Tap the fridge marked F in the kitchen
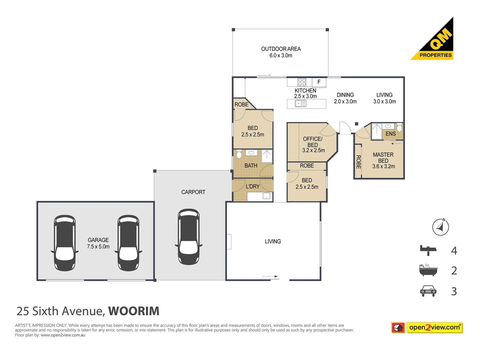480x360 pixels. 319,82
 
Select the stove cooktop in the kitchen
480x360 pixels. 302,82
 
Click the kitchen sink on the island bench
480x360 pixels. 300,104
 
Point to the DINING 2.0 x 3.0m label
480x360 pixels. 345,98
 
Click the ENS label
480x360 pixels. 390,134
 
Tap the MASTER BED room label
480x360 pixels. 383,160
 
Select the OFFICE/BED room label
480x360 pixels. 313,144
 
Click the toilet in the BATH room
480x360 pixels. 239,154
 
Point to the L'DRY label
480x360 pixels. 252,186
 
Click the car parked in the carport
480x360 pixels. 189,237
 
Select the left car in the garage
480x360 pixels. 65,243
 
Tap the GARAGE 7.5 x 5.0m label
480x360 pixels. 98,243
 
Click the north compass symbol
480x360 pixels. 440,227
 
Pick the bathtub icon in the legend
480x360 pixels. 428,270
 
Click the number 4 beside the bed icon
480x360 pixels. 454,251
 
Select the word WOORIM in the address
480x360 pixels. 134,311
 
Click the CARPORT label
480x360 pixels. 193,192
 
